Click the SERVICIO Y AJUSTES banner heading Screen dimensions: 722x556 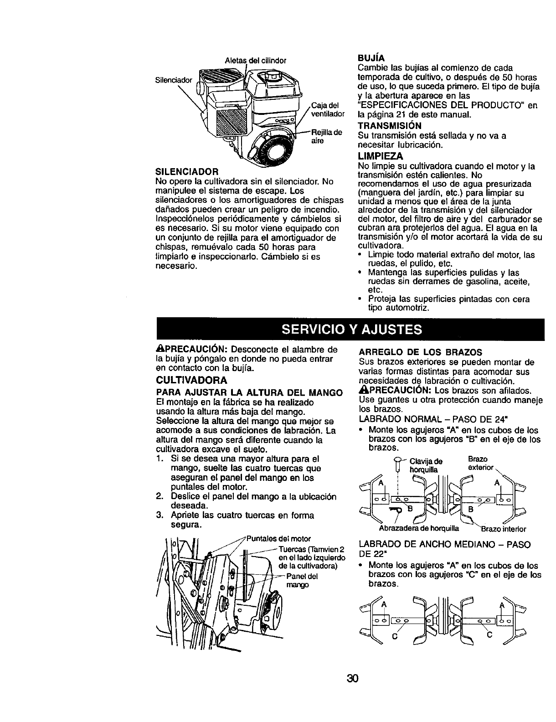[350, 329]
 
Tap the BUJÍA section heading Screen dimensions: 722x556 [373, 58]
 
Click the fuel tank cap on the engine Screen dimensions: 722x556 [272, 75]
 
